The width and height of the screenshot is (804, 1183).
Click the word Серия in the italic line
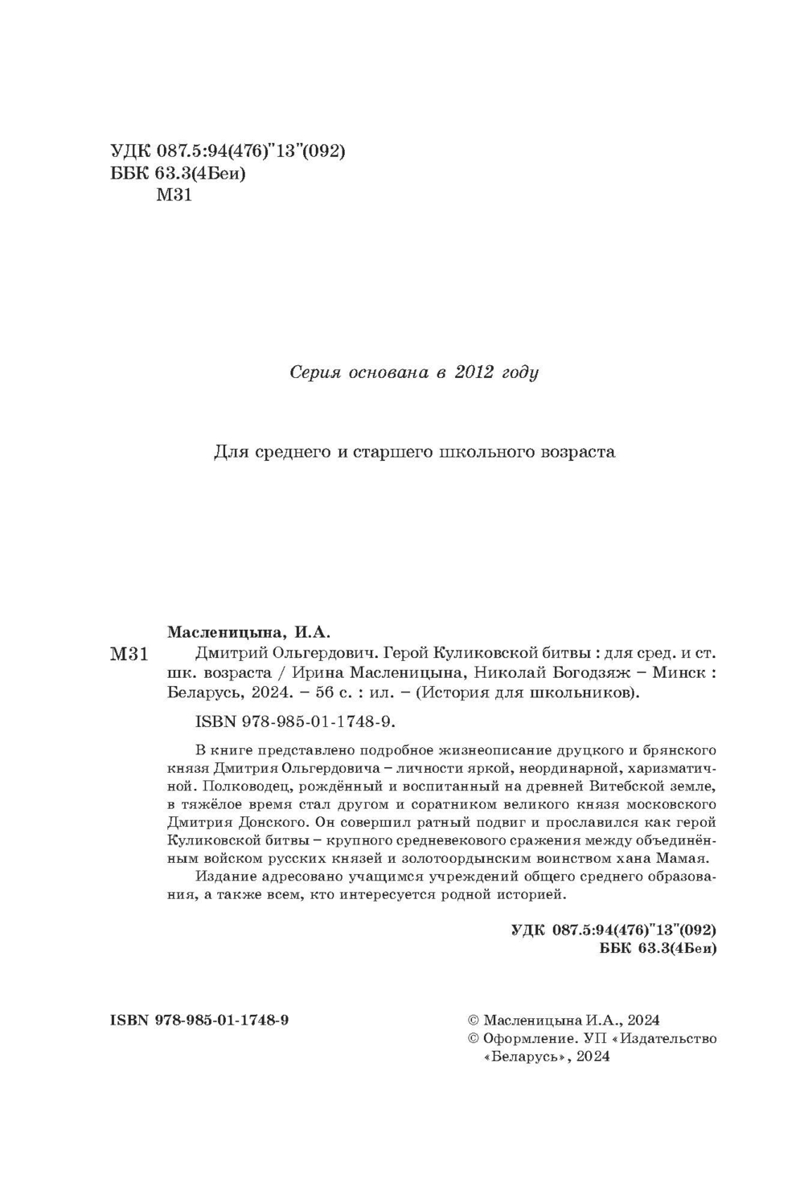coord(314,372)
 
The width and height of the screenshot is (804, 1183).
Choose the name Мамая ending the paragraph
coord(689,859)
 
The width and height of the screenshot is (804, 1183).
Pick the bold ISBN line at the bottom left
coord(199,1020)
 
